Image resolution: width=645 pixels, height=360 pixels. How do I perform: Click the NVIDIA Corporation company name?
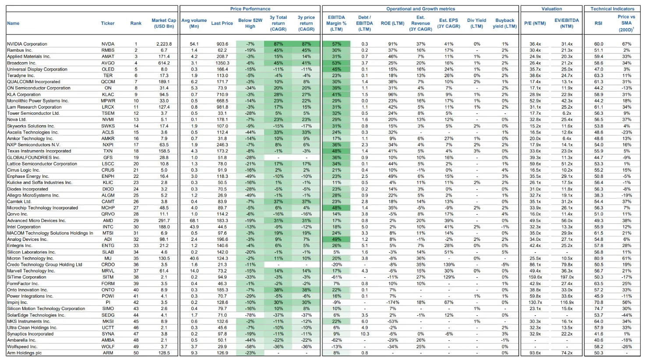coord(27,44)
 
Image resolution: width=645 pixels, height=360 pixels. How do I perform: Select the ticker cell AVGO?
coord(108,63)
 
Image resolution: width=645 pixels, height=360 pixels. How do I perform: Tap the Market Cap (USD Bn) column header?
coord(164,23)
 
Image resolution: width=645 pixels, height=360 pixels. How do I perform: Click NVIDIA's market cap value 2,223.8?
coord(164,44)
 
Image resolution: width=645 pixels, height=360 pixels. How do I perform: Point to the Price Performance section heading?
coord(250,9)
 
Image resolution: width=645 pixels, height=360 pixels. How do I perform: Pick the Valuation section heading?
coord(551,9)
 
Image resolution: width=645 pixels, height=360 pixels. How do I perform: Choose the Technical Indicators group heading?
coord(612,9)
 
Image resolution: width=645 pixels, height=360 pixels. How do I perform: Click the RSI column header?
coord(598,23)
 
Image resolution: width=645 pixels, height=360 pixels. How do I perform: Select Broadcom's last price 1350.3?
coord(222,63)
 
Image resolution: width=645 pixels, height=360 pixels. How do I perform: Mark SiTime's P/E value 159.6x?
coord(535,277)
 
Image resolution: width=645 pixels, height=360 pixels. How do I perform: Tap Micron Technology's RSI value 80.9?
coord(599,258)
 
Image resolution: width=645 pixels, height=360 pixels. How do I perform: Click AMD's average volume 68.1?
coord(194,221)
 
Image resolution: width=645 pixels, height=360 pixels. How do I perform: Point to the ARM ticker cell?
coord(108,353)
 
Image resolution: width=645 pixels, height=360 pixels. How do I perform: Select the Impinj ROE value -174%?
coord(392,302)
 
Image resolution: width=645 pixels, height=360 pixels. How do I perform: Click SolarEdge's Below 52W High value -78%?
coord(250,315)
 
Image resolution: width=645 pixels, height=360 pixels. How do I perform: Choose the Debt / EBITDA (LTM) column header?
coord(364,23)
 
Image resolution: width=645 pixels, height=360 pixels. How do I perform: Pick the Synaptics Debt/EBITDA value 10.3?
coord(365,334)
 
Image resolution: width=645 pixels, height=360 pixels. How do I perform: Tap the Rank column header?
coord(136,23)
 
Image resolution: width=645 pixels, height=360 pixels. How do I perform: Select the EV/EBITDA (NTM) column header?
coord(566,23)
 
